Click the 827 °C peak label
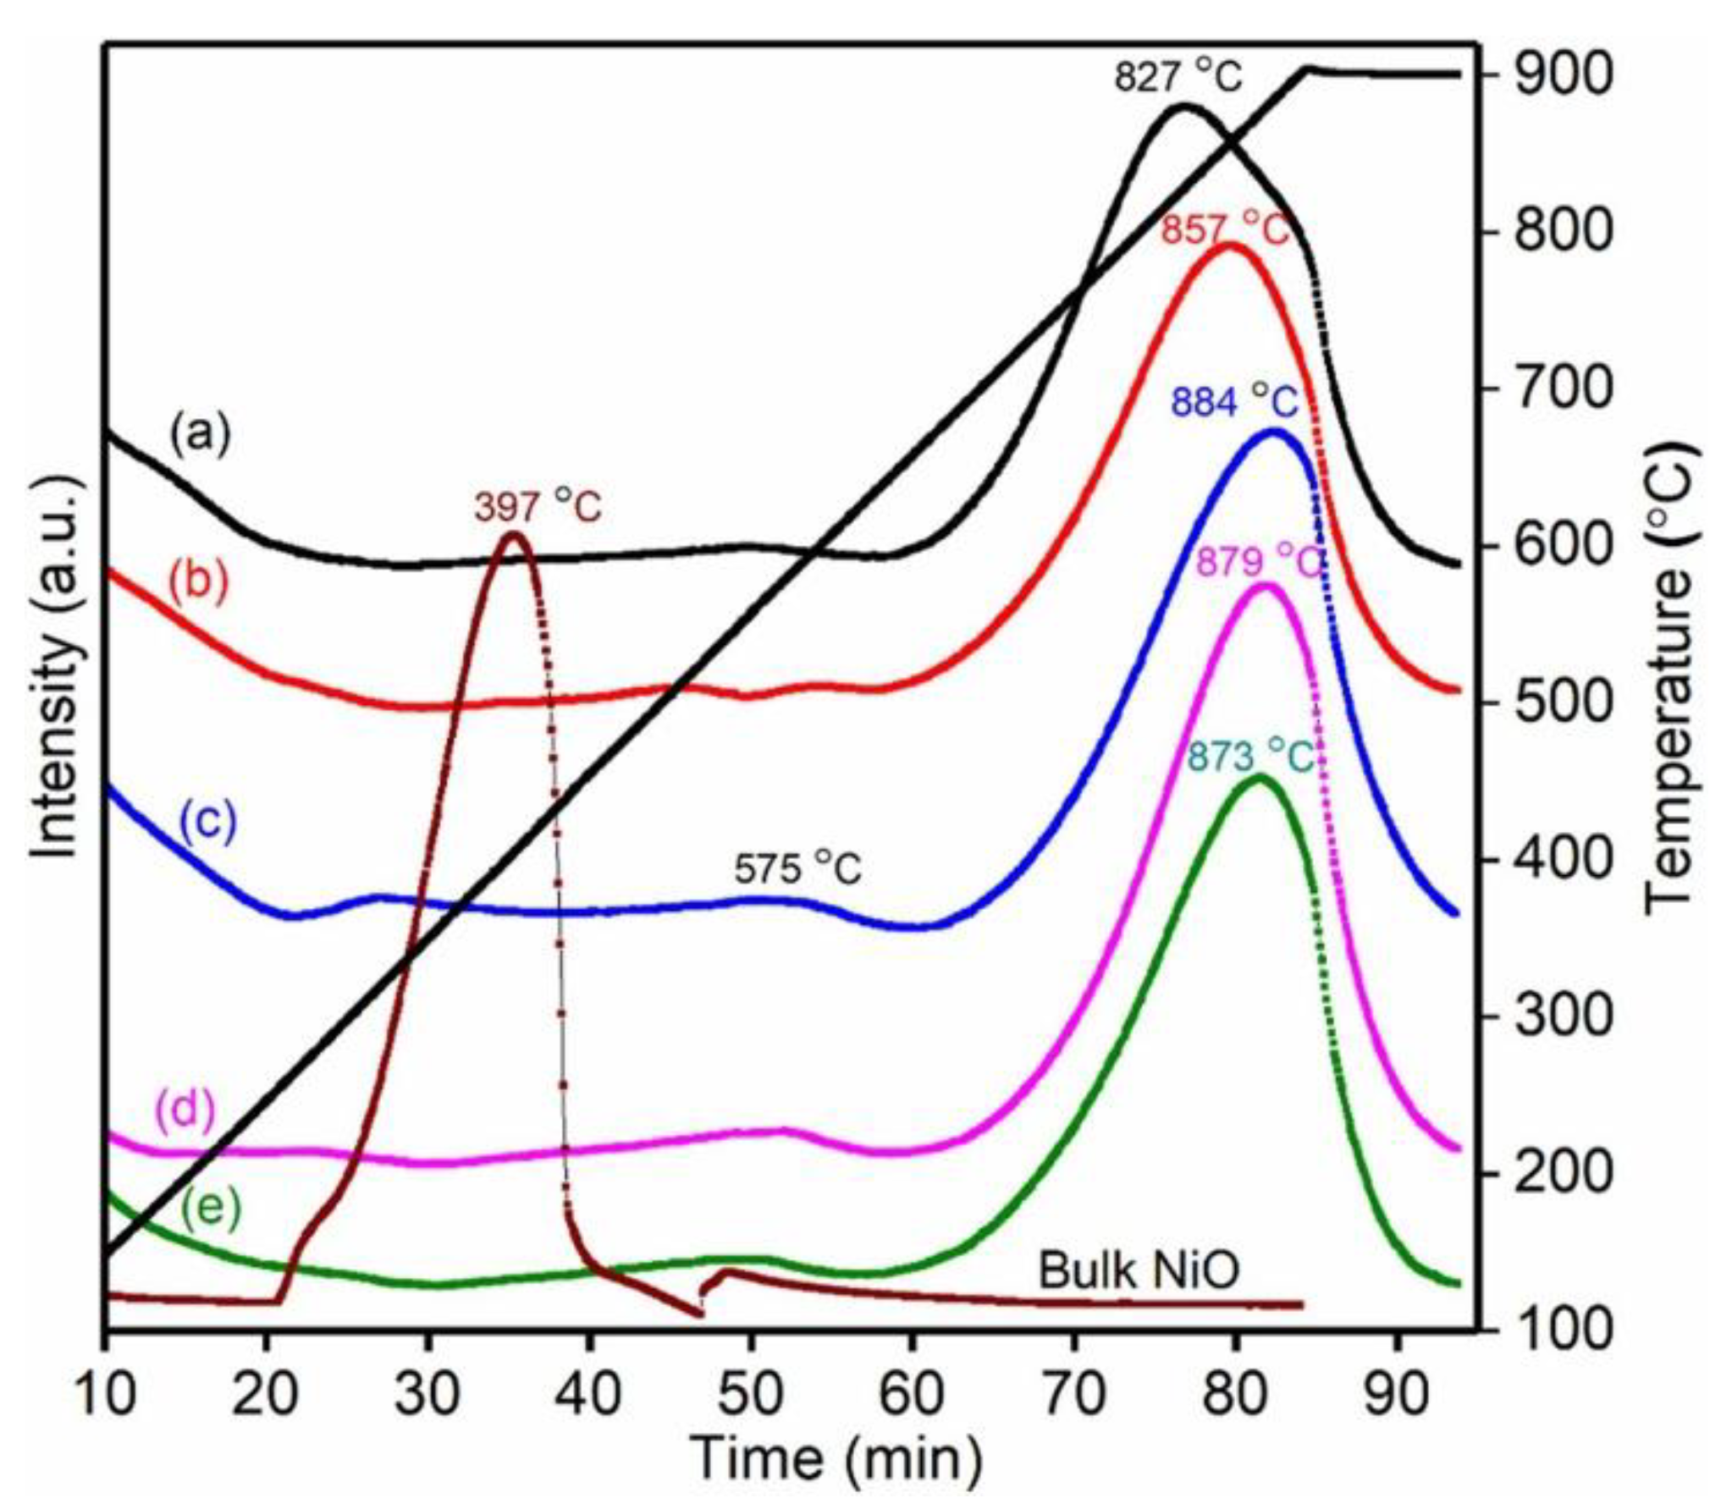pyautogui.click(x=1178, y=78)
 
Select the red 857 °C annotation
pyautogui.click(x=1224, y=230)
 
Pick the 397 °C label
pyautogui.click(x=538, y=507)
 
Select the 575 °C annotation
pyautogui.click(x=797, y=869)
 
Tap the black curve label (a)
pyautogui.click(x=200, y=435)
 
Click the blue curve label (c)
pyautogui.click(x=208, y=821)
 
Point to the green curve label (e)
pyautogui.click(x=211, y=1208)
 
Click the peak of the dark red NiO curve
pyautogui.click(x=514, y=534)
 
